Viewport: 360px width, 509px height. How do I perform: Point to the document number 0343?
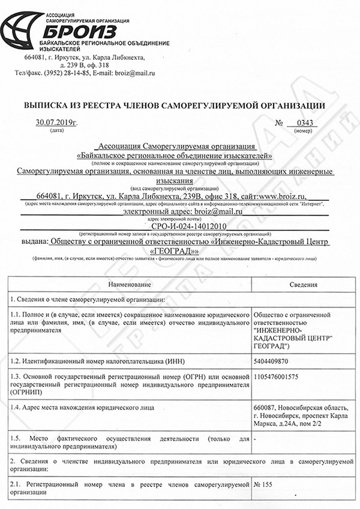click(304, 123)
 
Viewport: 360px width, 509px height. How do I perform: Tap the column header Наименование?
click(129, 284)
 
